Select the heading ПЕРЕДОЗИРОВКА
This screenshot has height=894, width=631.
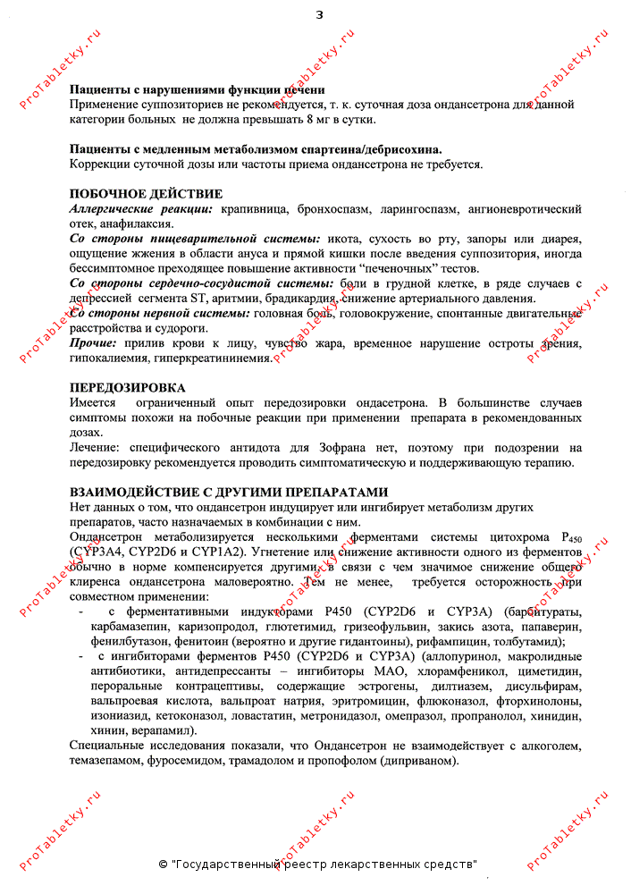click(128, 388)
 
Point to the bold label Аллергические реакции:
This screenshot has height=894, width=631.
click(141, 209)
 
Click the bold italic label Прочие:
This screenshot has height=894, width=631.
click(92, 343)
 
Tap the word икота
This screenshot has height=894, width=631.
click(344, 240)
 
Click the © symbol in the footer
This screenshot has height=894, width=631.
click(163, 864)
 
